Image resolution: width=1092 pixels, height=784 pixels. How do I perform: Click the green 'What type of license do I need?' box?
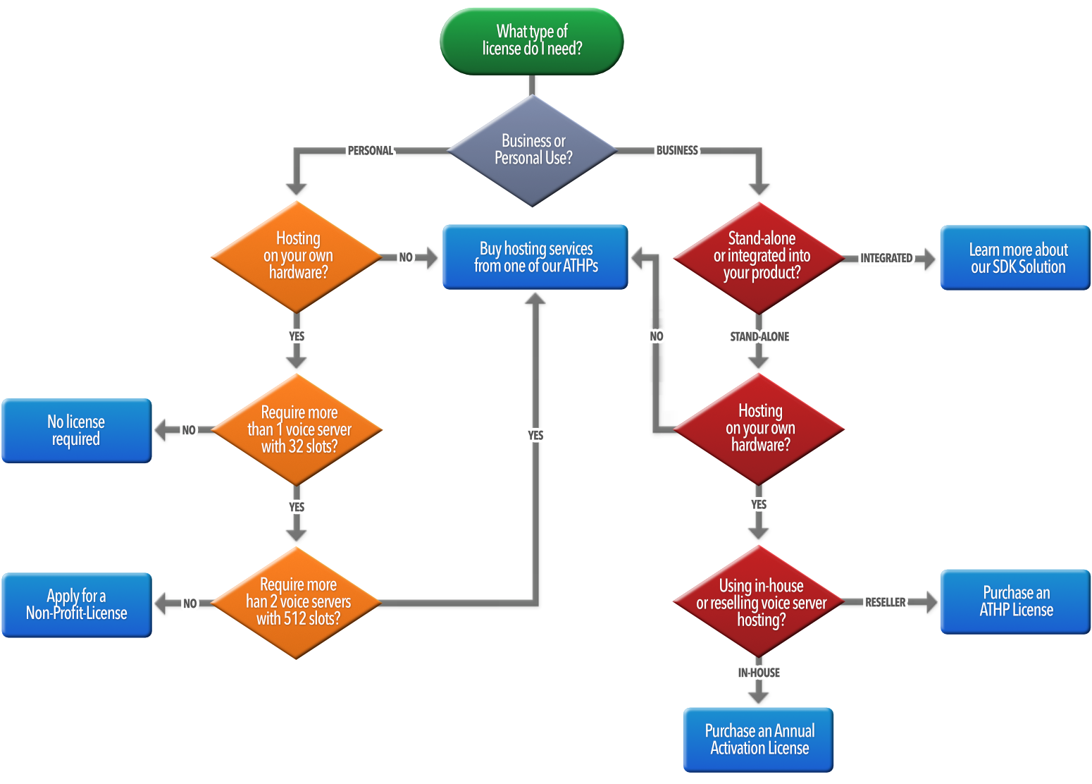coord(532,41)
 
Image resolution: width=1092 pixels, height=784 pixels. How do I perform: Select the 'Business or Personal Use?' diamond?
coord(533,149)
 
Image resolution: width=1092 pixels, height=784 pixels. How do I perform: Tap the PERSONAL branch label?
coord(370,150)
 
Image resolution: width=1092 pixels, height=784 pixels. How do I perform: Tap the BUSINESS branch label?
coord(676,150)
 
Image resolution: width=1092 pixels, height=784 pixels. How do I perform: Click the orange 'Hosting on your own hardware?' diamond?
coord(297,256)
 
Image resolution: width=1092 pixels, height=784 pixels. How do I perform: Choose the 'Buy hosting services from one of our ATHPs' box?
coord(535,257)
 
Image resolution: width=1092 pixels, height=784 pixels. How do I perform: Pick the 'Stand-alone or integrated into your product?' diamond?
coord(759,256)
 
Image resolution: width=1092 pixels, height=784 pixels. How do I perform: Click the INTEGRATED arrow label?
coord(886,258)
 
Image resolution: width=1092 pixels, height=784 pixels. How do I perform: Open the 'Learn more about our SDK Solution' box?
coord(1017,258)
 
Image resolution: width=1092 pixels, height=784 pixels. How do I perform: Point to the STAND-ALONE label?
coord(759,336)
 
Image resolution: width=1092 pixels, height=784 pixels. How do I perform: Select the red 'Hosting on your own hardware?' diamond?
coord(759,428)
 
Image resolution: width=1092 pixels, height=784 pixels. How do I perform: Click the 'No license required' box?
coord(77,431)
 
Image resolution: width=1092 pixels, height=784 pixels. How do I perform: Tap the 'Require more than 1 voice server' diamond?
coord(297,429)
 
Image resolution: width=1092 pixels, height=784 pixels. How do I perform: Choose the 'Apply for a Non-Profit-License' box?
coord(77,605)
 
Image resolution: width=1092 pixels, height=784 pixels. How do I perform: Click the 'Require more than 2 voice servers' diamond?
coord(297,602)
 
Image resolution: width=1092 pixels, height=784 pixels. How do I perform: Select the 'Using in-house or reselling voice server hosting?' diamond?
coord(759,602)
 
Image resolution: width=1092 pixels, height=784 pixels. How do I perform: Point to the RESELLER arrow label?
coord(885,602)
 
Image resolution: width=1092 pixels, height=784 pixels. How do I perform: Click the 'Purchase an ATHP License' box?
coord(1016,601)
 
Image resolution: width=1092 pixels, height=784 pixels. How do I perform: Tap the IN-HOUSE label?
coord(759,673)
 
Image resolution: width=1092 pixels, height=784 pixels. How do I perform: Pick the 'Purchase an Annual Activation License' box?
coord(759,740)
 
